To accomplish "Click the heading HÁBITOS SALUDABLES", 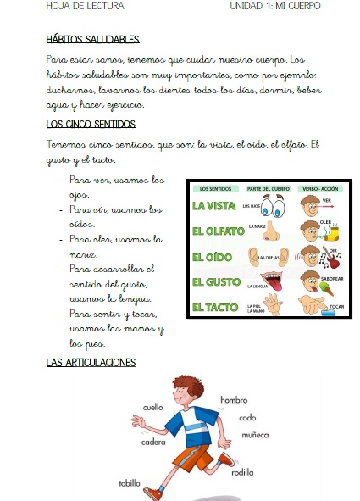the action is (92, 39).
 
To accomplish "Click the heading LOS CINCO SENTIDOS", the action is (91, 124).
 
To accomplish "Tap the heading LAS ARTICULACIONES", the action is (91, 363).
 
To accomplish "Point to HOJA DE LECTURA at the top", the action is (74, 6).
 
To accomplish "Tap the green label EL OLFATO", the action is (218, 231).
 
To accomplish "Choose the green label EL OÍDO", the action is (212, 256).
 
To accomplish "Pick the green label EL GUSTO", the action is (216, 281).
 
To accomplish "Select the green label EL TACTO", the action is (215, 306).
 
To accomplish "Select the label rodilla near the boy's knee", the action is (241, 473).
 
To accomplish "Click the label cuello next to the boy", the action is (152, 407).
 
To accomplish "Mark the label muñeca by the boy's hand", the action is (254, 434).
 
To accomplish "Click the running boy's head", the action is (186, 392).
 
